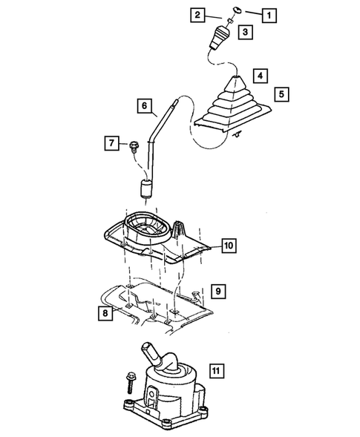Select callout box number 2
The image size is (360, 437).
click(197, 14)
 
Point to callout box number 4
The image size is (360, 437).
click(259, 76)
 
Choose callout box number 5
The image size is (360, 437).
click(281, 94)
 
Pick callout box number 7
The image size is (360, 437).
click(111, 142)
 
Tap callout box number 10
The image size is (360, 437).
click(228, 244)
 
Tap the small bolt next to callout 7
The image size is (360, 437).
click(134, 144)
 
